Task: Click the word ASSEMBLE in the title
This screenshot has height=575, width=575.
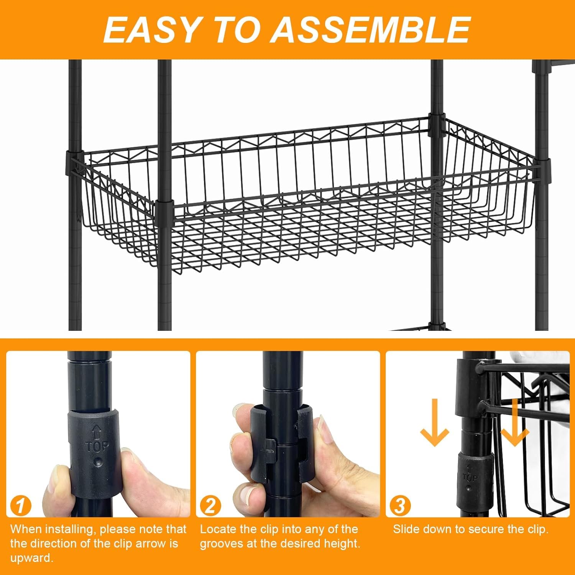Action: pyautogui.click(x=371, y=30)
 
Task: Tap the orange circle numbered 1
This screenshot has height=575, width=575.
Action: pyautogui.click(x=20, y=506)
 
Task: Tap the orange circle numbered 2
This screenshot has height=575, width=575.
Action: pyautogui.click(x=210, y=506)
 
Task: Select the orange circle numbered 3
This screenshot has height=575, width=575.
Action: pyautogui.click(x=400, y=506)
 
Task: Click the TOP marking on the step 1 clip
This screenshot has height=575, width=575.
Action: pyautogui.click(x=97, y=446)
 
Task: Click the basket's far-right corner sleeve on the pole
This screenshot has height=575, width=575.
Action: pyautogui.click(x=542, y=169)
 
